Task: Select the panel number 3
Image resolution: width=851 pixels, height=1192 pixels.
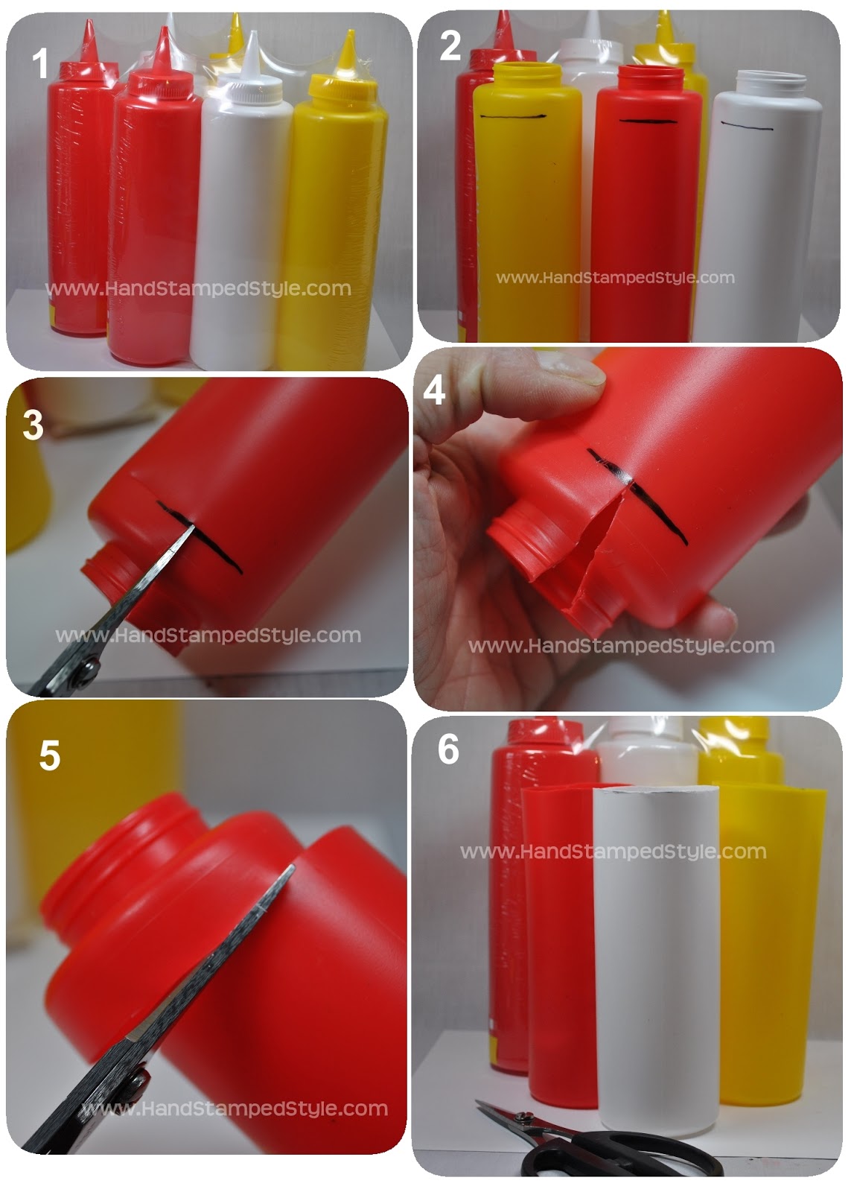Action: pyautogui.click(x=34, y=426)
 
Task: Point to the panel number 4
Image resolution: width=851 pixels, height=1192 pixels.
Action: pyautogui.click(x=434, y=390)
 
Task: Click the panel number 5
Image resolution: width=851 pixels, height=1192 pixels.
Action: pyautogui.click(x=49, y=755)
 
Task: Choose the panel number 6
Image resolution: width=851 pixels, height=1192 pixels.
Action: pyautogui.click(x=448, y=749)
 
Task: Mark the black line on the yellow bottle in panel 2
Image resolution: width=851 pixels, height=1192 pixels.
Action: pyautogui.click(x=514, y=117)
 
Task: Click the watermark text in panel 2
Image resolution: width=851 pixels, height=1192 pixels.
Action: pyautogui.click(x=615, y=278)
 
